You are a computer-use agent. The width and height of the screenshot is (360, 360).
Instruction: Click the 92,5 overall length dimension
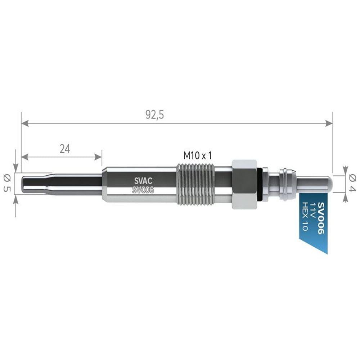tap(155, 115)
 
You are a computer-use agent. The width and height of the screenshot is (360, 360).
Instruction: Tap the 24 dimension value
tap(65, 149)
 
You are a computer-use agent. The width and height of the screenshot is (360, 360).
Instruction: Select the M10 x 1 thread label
tap(197, 156)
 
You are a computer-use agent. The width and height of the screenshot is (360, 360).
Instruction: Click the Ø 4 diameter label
tap(352, 183)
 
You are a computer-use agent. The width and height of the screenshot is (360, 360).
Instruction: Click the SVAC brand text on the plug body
tap(143, 181)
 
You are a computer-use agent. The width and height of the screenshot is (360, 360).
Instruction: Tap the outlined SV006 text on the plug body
tap(143, 190)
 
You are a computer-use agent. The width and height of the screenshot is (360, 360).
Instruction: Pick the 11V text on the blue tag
tap(313, 209)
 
